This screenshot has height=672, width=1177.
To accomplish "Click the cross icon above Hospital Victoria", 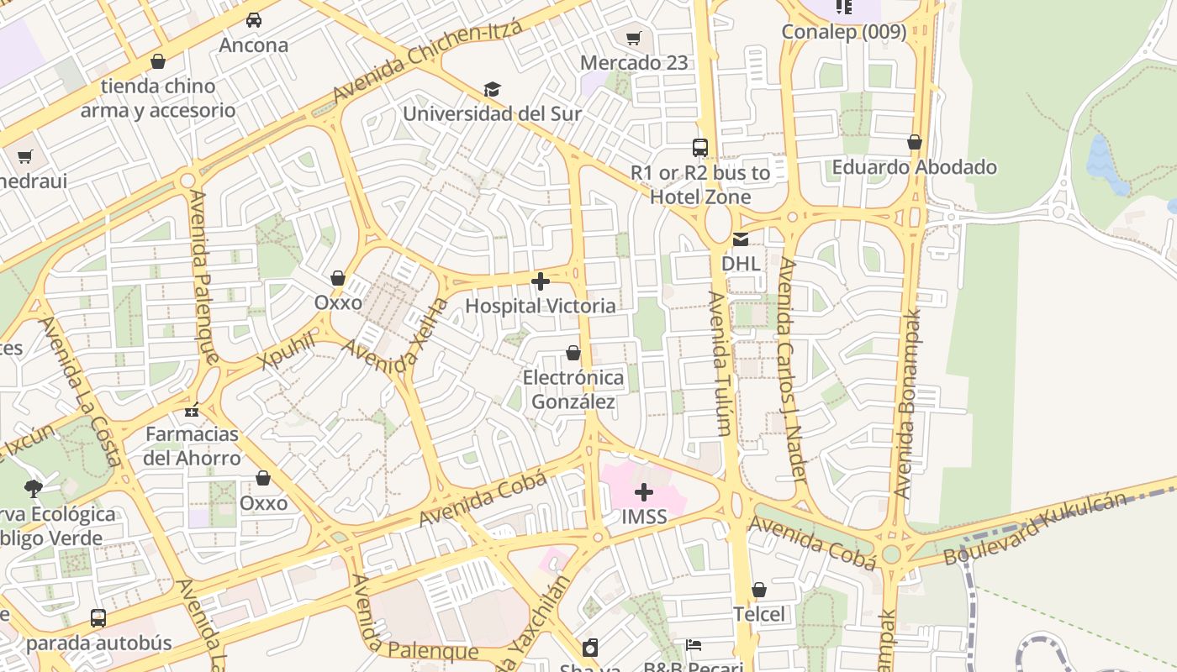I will coord(541,281).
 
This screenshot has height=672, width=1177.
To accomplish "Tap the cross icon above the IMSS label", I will coord(644,492).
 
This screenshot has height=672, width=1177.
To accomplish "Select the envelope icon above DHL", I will coord(741,239).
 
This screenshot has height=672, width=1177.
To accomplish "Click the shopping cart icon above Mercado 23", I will coord(634,38).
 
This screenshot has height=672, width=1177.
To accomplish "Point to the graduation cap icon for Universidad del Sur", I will coord(492,89).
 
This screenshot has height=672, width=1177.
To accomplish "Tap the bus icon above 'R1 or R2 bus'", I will coord(700,148).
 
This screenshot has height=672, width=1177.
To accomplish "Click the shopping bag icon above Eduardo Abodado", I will coord(915,143).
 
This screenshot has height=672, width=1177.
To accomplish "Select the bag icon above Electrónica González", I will coord(573,353).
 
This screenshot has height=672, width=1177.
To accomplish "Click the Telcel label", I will coord(759,614).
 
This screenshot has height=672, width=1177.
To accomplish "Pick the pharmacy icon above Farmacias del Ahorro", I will coord(193,411).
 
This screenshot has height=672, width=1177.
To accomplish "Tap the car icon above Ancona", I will coord(253,20).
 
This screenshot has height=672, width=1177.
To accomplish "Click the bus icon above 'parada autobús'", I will coord(98,618).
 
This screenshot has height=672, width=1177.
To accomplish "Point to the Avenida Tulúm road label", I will coord(721,363).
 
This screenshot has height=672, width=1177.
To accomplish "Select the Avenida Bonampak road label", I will coord(907,403).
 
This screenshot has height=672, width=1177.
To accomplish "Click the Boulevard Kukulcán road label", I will coord(1035,529).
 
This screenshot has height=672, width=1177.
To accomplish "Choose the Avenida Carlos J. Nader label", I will coord(792,370).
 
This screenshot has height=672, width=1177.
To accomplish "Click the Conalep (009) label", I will coord(844,32).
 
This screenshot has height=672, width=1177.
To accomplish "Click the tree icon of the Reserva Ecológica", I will coord(34,488).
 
